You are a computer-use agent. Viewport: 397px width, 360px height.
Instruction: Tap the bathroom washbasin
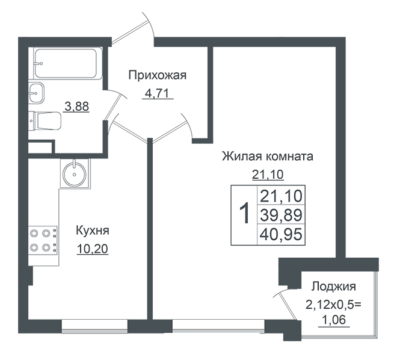point(36,93)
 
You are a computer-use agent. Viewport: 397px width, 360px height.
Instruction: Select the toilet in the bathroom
point(45,121)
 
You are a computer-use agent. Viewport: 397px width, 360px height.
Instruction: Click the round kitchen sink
point(75,173)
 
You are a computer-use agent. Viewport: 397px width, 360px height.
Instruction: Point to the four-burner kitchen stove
point(43,240)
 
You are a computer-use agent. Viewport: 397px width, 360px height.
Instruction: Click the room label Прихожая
point(158,75)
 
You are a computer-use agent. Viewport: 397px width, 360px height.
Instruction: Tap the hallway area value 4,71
point(157,93)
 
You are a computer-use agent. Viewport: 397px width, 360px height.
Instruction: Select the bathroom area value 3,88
point(77,107)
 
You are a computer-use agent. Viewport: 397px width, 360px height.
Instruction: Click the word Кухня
point(93,231)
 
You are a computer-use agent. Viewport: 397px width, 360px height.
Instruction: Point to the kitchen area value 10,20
point(93,249)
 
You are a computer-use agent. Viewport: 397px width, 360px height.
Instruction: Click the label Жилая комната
point(268,157)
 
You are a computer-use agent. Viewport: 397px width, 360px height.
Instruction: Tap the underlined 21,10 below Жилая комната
point(268,175)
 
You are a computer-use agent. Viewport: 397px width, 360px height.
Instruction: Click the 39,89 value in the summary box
point(281,215)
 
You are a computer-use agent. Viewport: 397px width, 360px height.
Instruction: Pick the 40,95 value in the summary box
point(281,234)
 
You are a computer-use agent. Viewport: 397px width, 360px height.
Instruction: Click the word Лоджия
point(334,287)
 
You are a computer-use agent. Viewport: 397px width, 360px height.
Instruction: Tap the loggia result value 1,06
point(334,320)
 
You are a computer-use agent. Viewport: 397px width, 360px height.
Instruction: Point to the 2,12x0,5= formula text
point(334,305)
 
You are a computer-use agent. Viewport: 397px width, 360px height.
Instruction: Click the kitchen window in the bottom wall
point(94,326)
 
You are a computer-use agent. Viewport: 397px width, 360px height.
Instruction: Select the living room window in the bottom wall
point(218,326)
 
